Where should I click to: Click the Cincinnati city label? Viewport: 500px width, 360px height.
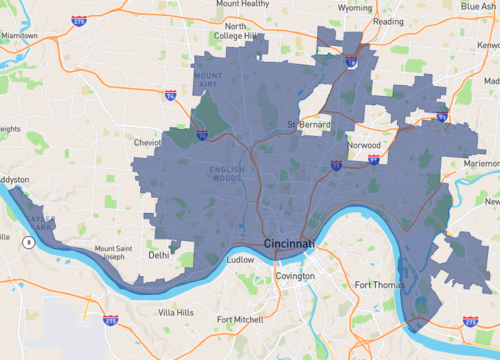[289, 244]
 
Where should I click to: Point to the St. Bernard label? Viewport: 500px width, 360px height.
[307, 125]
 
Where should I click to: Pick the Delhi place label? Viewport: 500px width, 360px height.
[158, 255]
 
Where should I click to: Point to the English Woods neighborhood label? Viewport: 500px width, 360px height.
[228, 173]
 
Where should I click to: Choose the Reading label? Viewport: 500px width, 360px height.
[388, 20]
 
